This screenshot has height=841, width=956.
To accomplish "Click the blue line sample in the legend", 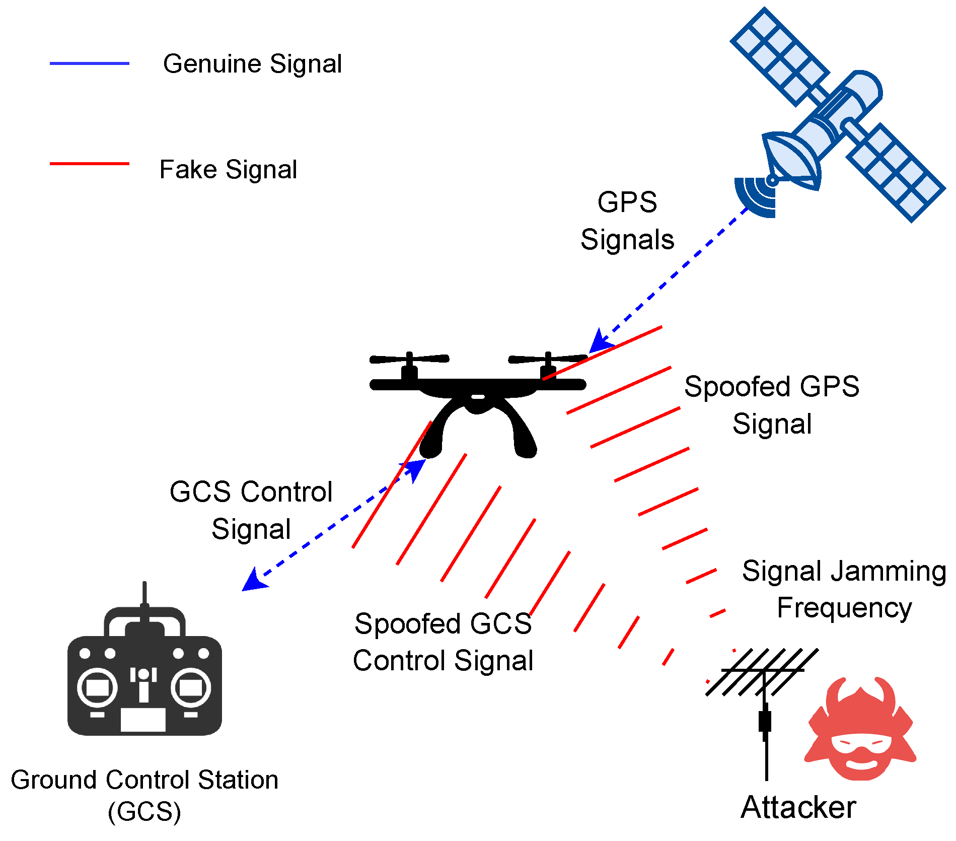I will point(90,63).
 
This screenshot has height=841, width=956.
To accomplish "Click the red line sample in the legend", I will point(90,164).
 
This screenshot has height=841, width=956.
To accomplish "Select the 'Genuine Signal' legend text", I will point(252,64).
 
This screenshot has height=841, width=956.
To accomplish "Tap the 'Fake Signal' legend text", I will point(228,169).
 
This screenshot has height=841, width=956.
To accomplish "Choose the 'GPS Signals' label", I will point(627,221).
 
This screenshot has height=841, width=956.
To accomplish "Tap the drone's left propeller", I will point(409,359).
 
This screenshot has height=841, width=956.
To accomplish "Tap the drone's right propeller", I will point(548,359).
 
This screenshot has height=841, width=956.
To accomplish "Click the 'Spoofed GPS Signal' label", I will point(772,405).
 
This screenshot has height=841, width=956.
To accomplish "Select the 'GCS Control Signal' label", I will point(251,510).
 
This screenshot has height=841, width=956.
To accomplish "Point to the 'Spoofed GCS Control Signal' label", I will point(443,642).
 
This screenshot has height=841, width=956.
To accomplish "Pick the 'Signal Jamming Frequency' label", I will point(844,589).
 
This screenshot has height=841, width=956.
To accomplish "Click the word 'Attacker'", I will point(798,807).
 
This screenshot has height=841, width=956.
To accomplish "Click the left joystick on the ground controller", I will point(97,687).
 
